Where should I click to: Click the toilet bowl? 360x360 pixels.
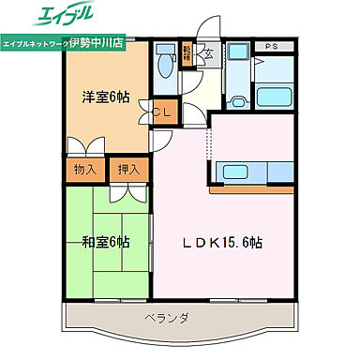click(165, 68)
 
